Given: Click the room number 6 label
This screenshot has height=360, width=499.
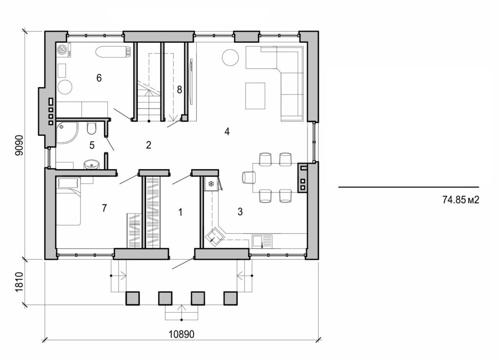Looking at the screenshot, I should pyautogui.click(x=99, y=78).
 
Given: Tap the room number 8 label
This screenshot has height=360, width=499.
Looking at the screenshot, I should pyautogui.click(x=179, y=90).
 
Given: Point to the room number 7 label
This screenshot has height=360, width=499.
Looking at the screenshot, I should pyautogui.click(x=104, y=208).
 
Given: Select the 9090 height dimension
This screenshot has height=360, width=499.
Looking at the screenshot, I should pyautogui.click(x=19, y=145).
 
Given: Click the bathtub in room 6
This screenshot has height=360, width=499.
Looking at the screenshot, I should pyautogui.click(x=114, y=51).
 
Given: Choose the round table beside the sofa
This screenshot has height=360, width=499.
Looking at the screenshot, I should pyautogui.click(x=230, y=57).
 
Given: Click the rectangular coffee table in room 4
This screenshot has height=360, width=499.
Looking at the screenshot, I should pyautogui.click(x=255, y=96).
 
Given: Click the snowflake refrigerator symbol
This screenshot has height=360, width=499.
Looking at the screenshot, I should pyautogui.click(x=211, y=184).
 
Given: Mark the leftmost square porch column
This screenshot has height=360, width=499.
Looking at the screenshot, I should pyautogui.click(x=133, y=298).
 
